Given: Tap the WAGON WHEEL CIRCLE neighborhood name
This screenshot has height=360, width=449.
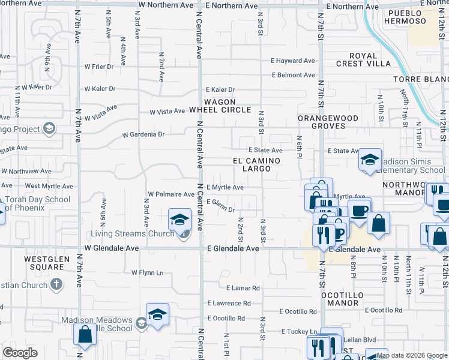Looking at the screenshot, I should [220, 106].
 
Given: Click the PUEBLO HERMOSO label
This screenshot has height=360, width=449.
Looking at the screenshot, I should [406, 17].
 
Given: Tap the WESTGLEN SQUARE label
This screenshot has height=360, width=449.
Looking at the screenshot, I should [43, 263].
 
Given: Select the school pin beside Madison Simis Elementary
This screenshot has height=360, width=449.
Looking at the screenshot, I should [370, 160].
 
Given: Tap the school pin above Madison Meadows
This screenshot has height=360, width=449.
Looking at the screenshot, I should [157, 314].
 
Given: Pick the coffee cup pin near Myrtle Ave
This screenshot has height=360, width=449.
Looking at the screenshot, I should [360, 211].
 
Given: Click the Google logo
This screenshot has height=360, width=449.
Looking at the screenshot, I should [20, 353].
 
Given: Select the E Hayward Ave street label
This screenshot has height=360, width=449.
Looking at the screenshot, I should [292, 61].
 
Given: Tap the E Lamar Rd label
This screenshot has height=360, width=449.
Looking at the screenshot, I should [243, 288].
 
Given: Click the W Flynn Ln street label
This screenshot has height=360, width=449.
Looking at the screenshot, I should [148, 272].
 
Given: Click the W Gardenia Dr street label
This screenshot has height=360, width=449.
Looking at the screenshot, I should [143, 135].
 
